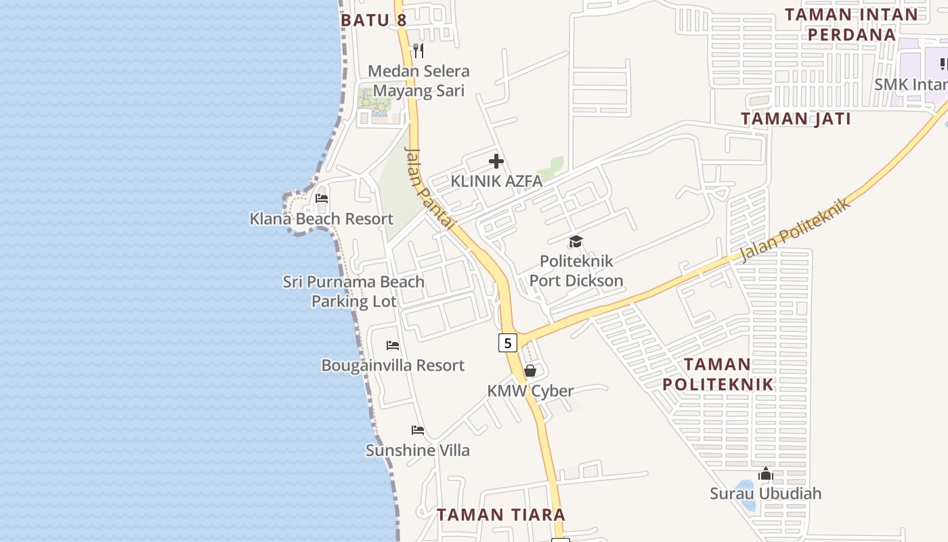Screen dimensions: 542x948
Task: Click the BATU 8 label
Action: point(374,20)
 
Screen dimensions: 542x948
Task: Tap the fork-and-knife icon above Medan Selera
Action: point(418,50)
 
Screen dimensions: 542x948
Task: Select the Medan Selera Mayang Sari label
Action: point(418,81)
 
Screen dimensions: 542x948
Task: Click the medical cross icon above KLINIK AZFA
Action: point(496,161)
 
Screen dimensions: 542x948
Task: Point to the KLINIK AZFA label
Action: point(496,182)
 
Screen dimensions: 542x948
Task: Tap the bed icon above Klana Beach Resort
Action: point(322,199)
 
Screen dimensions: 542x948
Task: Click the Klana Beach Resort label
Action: point(322,219)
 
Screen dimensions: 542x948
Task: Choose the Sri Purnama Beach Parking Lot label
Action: point(353,291)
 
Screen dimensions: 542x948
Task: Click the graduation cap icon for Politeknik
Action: point(576,241)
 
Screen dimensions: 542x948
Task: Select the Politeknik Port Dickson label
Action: point(576,270)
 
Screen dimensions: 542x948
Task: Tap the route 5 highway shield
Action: point(508,343)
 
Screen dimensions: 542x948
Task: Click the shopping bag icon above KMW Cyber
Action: point(530,371)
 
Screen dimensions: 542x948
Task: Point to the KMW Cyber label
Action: point(530,391)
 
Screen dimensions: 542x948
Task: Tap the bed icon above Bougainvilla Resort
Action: point(393,346)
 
